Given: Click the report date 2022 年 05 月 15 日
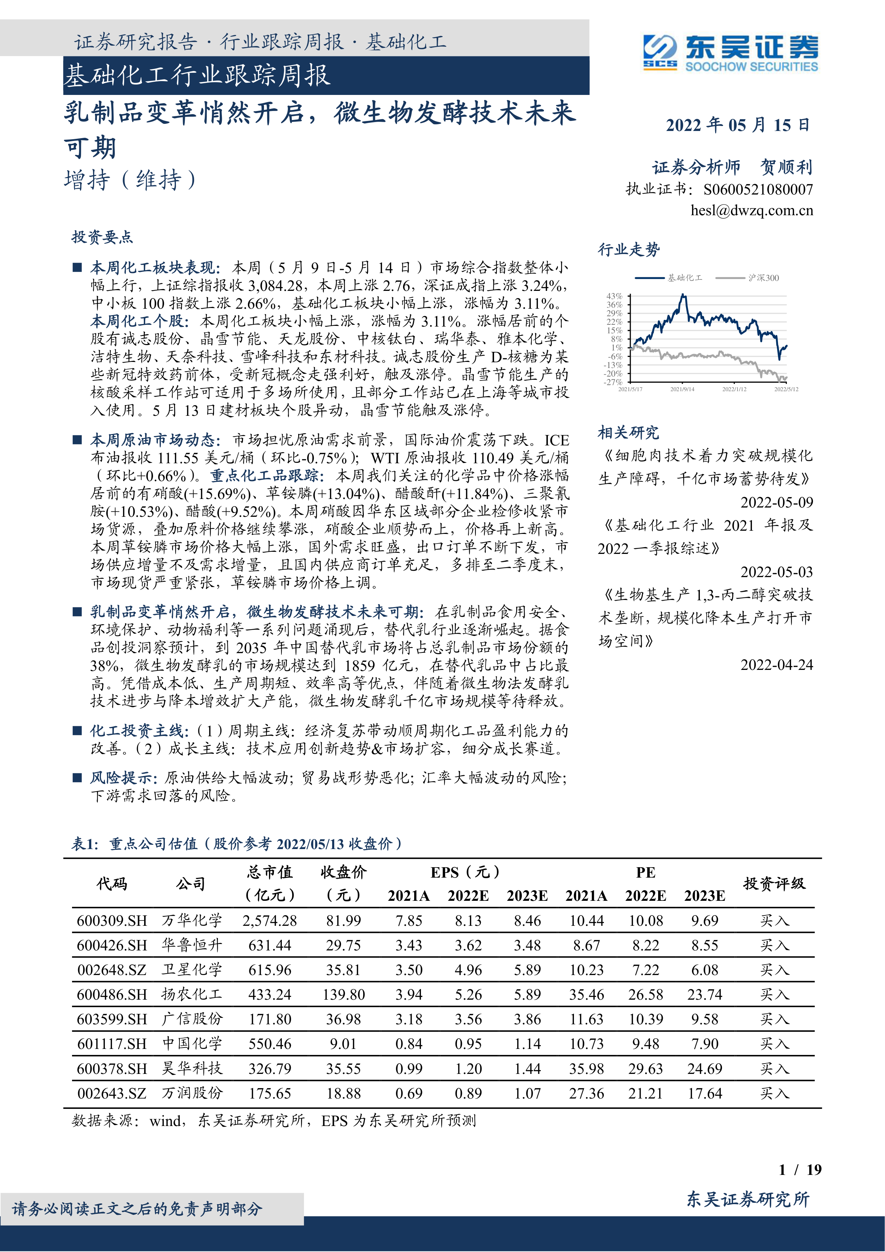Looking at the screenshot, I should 738,125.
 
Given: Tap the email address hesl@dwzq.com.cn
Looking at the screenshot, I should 752,211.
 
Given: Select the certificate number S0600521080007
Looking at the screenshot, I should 758,190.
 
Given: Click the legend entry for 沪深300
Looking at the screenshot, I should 763,278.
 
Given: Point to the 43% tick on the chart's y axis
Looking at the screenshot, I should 614,296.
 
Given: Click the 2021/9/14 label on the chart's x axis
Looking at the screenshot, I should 682,389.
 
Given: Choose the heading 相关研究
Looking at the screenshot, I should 628,433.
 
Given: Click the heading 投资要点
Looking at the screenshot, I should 102,237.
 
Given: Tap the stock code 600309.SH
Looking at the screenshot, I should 112,921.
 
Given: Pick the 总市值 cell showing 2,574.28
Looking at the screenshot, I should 270,921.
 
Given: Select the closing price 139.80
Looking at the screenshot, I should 343,995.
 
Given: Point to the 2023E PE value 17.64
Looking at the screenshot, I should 705,1093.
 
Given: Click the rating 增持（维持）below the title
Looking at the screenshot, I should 130,180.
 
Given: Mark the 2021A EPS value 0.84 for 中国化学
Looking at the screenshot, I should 409,1044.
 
